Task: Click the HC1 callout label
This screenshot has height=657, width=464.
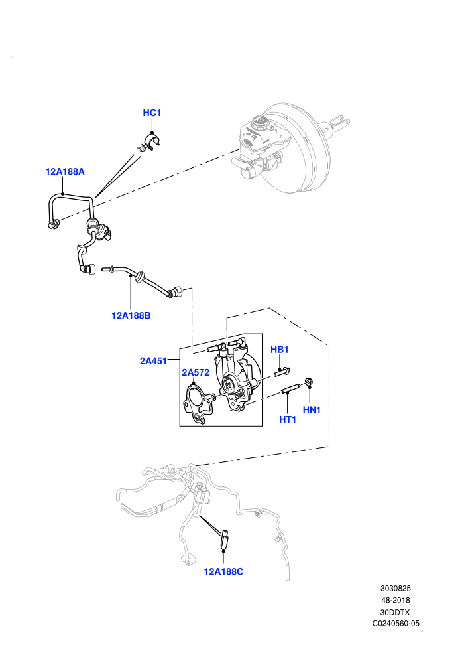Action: tap(152, 113)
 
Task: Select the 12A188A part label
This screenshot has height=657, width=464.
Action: tap(65, 171)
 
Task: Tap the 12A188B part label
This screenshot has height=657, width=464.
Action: tap(131, 315)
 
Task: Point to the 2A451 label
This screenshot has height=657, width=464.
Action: tap(153, 361)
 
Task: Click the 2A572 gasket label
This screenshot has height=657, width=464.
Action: tap(196, 372)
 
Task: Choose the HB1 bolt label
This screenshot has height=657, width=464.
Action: tap(280, 350)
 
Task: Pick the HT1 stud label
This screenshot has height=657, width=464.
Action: tap(288, 419)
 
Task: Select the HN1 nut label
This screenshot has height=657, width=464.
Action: tap(312, 410)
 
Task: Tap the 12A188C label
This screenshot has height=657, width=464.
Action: tap(223, 571)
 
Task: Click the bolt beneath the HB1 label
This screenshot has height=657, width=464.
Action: tap(282, 371)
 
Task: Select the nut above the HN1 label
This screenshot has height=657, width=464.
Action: tap(309, 381)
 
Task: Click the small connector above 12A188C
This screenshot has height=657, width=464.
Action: tap(224, 540)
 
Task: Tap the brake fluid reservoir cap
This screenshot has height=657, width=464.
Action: tap(261, 122)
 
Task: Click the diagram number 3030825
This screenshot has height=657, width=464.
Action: tap(395, 588)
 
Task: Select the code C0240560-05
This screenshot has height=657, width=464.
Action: tap(396, 623)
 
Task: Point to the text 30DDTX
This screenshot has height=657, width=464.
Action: tap(395, 612)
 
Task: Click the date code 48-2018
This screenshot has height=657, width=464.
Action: tap(395, 600)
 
